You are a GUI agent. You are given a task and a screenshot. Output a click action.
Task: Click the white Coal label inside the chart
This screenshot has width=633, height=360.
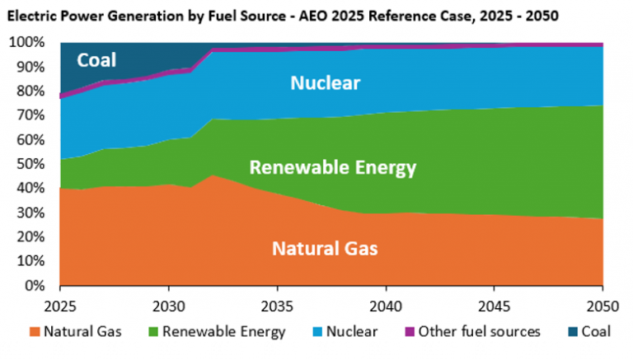pyautogui.click(x=96, y=60)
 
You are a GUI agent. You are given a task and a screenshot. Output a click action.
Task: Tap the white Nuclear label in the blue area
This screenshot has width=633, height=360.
pyautogui.click(x=326, y=82)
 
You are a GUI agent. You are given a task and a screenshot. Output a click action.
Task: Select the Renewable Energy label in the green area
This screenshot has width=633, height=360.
pyautogui.click(x=333, y=169)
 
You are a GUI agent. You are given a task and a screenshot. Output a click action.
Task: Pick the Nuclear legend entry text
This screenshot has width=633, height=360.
pyautogui.click(x=351, y=332)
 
